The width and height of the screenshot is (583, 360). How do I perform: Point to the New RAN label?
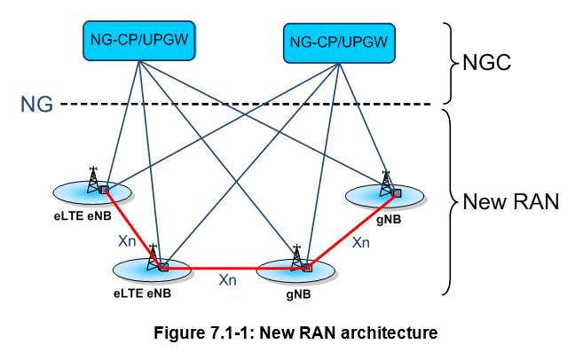pyautogui.click(x=511, y=201)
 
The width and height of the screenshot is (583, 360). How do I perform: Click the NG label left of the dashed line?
pyautogui.click(x=36, y=105)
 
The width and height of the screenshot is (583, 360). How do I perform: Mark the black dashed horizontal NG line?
pyautogui.click(x=248, y=104)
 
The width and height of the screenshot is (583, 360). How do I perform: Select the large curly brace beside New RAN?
pyautogui.click(x=449, y=201)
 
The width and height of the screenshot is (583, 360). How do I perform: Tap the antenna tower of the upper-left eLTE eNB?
pyautogui.click(x=94, y=179)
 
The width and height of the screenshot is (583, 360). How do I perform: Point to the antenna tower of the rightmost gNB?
pyautogui.click(x=386, y=184)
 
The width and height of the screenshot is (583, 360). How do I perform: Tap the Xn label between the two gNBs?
pyautogui.click(x=360, y=241)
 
